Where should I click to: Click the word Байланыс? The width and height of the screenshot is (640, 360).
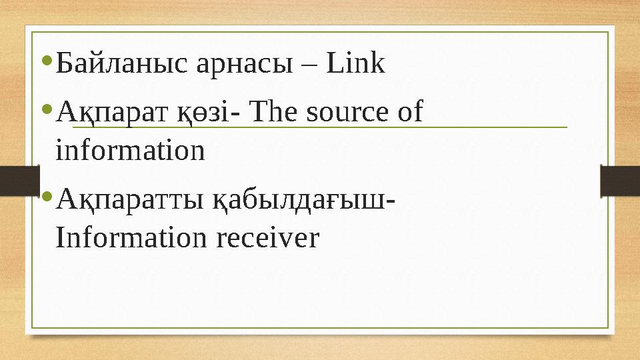124,65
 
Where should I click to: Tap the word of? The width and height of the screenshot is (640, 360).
409,112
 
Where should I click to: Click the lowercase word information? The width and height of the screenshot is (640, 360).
131,151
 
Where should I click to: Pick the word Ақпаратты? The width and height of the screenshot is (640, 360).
125,199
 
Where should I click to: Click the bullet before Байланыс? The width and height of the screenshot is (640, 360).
46,62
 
